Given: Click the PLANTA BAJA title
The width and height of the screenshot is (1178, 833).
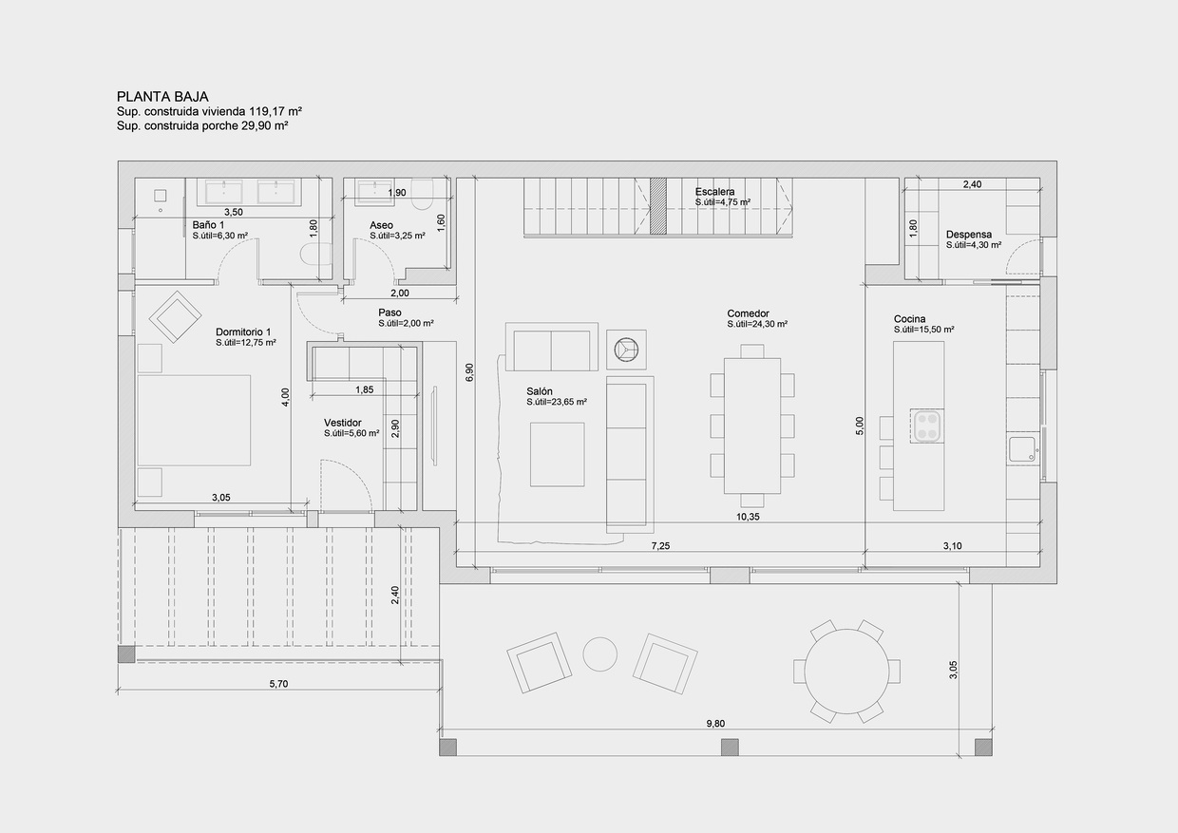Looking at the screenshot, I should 162,96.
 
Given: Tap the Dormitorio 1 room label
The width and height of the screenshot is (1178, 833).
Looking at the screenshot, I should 243,331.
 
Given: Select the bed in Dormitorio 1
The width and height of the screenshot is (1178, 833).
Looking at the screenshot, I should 195,420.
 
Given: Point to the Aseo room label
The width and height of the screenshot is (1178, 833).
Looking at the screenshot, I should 381,225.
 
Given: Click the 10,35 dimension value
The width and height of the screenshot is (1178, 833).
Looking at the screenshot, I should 748,518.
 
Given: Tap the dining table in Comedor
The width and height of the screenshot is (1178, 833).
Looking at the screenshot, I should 751,426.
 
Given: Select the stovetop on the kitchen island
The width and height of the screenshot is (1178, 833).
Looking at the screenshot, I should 927,426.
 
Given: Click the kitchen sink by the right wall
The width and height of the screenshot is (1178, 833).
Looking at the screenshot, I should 1022,449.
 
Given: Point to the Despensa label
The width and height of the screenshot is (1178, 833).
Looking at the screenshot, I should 968,235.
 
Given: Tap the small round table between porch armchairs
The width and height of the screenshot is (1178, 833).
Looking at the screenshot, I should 600,653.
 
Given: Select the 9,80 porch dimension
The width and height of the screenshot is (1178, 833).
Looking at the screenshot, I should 715,724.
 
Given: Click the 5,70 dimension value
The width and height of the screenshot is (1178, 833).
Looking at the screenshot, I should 278,684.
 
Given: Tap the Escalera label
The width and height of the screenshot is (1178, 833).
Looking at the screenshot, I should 714,192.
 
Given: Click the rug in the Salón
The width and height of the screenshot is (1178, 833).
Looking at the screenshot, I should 557,454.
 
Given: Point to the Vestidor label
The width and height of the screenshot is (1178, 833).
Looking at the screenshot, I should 342,423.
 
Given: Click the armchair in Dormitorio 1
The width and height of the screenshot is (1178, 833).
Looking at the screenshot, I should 177,316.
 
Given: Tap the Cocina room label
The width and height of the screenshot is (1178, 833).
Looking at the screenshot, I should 909,319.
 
